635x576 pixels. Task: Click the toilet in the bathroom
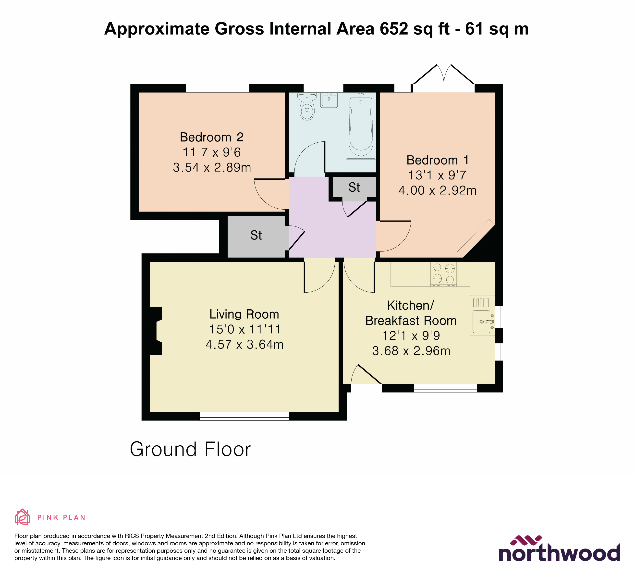[307, 107]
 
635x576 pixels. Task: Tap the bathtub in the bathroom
[361, 126]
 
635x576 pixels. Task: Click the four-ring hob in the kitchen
[443, 274]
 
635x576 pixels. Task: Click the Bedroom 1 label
[438, 160]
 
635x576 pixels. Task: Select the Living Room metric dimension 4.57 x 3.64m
[244, 344]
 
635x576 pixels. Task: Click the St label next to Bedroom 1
[354, 188]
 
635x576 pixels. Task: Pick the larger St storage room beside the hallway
[256, 236]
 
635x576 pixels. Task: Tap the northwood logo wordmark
[559, 554]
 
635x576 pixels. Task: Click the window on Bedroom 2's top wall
[217, 88]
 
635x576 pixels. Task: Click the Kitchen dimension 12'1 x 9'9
[411, 336]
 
